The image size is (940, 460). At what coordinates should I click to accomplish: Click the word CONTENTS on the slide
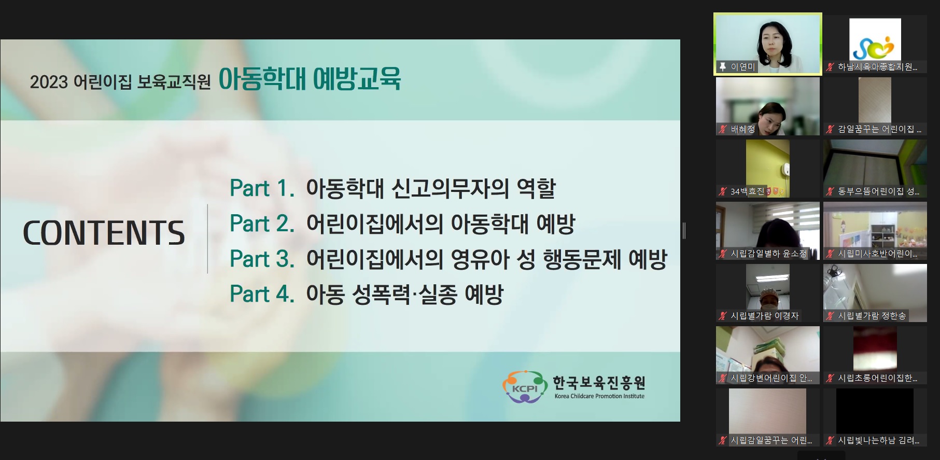point(104,233)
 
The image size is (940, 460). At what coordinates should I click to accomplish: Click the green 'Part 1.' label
point(262,188)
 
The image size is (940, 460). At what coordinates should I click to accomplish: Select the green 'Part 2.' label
point(262,224)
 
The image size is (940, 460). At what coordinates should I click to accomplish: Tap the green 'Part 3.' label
point(262,259)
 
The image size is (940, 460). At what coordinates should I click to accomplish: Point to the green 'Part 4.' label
point(262,294)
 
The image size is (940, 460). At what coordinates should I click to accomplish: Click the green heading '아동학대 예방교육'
point(310,79)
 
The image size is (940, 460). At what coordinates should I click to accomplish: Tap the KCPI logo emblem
point(524,387)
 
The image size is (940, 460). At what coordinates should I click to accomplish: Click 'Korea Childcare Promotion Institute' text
point(599,396)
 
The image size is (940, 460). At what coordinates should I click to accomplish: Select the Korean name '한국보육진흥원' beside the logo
point(599,383)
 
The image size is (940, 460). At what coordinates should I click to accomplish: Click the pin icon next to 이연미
point(723,67)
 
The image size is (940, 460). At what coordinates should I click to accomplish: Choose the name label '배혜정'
point(742,129)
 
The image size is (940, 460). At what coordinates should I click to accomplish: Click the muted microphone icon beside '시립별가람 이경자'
point(723,316)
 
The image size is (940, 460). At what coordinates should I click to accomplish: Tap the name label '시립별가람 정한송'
point(872,316)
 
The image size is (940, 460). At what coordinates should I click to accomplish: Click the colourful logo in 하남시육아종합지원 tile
point(875,39)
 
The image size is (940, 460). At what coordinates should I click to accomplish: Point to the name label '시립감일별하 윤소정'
point(768,254)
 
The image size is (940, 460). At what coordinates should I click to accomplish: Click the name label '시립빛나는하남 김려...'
point(878,440)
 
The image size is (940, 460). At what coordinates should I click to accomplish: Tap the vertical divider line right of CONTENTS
point(207,239)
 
